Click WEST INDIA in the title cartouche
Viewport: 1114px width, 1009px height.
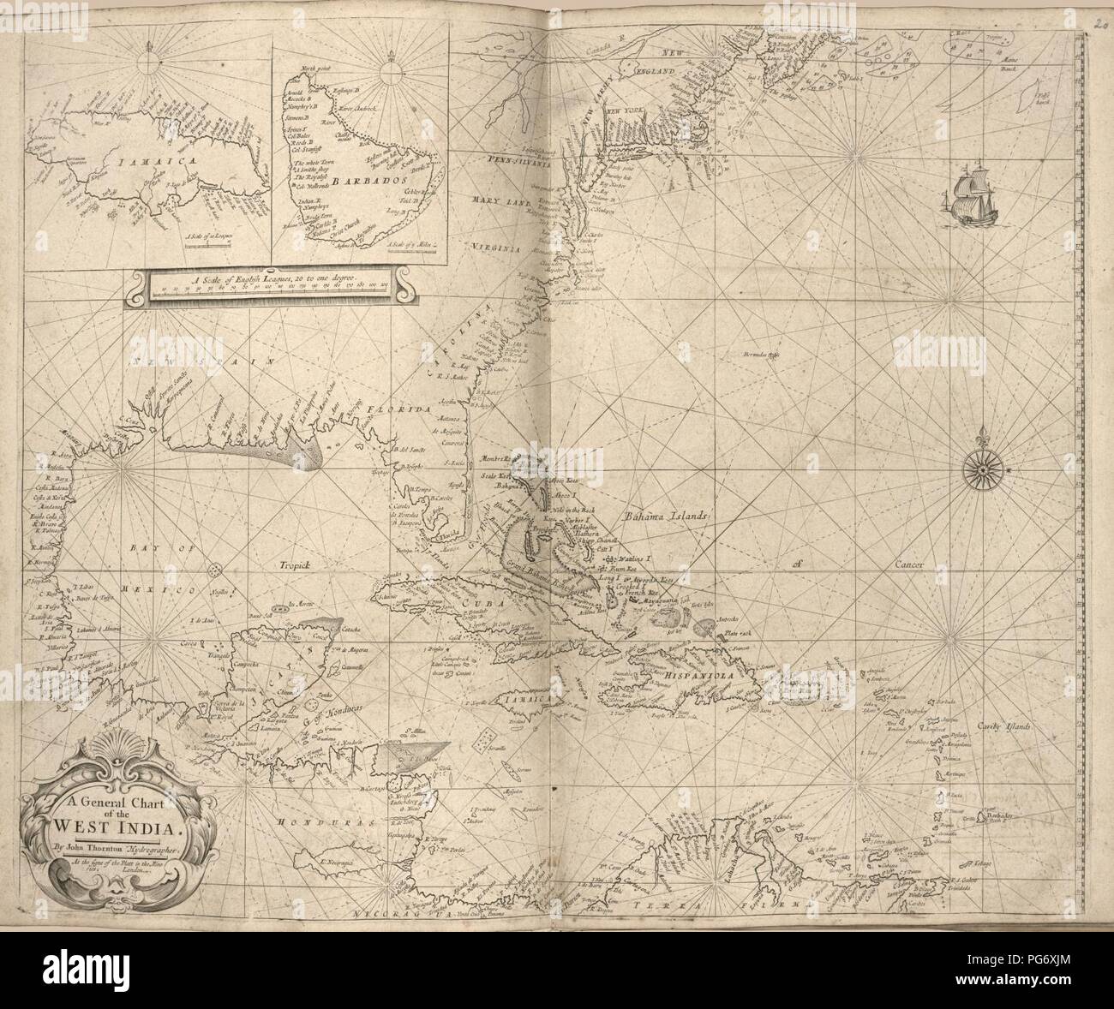(x=103, y=827)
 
